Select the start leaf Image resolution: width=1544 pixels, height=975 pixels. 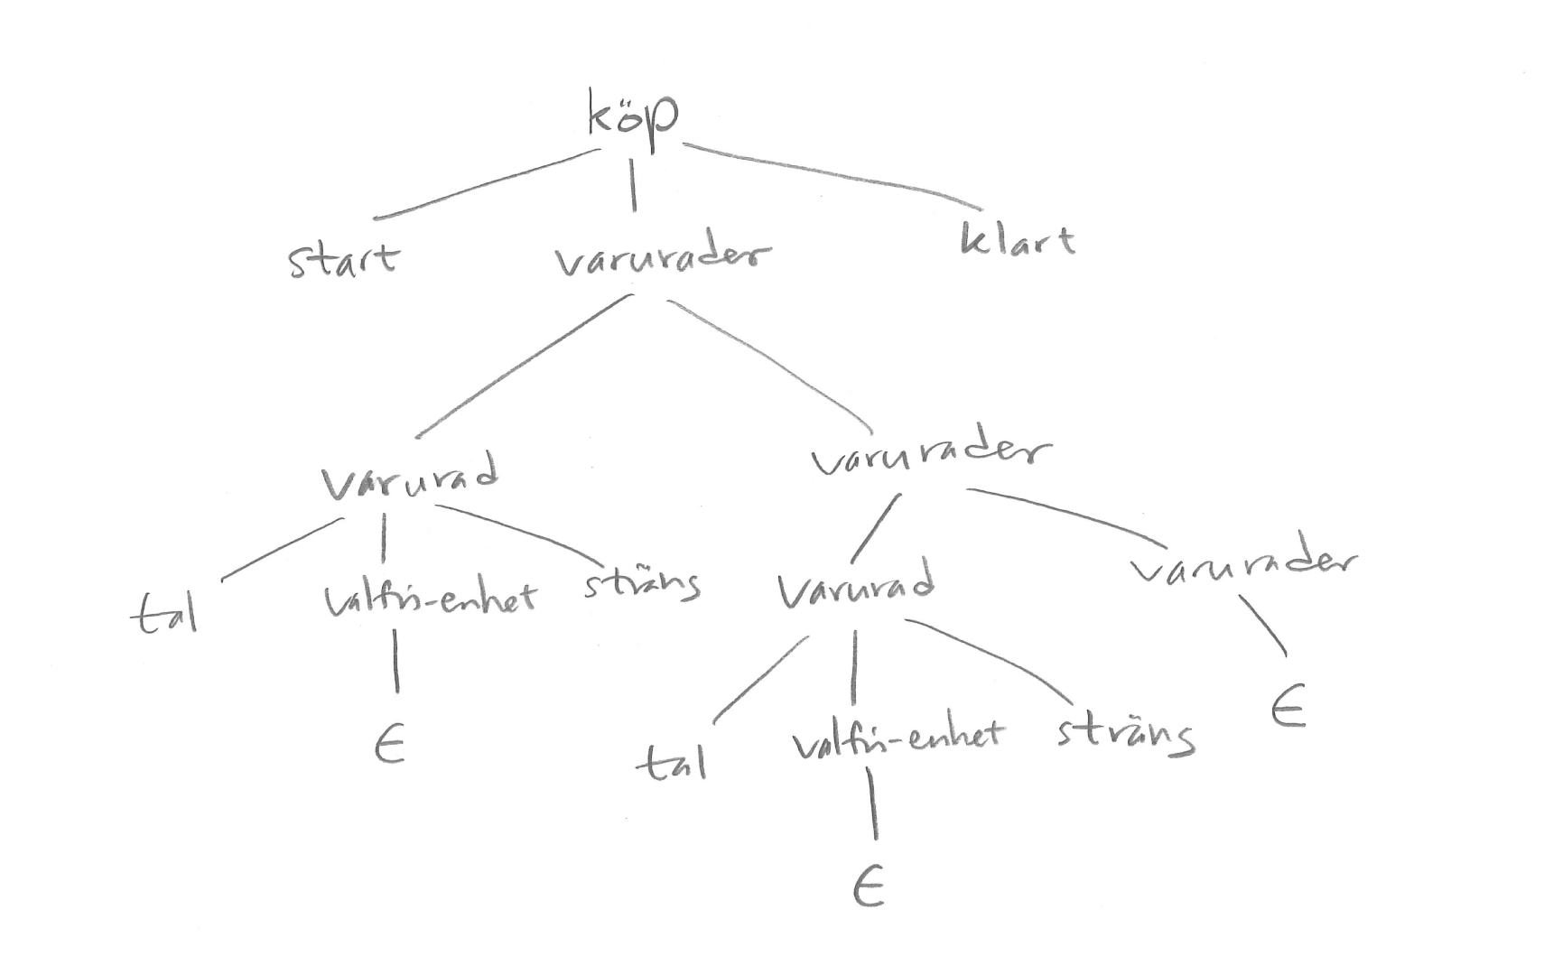click(343, 260)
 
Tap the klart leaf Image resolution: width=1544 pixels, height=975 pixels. click(1018, 240)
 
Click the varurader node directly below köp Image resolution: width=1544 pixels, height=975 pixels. click(663, 259)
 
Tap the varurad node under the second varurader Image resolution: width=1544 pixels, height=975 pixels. click(856, 589)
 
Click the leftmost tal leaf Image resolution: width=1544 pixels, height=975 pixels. click(165, 614)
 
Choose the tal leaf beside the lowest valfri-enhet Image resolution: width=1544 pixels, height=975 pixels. click(672, 764)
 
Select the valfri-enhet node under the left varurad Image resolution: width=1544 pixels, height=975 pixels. click(430, 598)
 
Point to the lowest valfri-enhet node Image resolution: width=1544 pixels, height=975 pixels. click(898, 738)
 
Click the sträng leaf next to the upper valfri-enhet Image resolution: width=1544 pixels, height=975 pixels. click(642, 584)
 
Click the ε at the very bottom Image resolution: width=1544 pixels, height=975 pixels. click(868, 889)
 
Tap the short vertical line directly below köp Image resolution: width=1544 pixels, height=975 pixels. click(633, 185)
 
